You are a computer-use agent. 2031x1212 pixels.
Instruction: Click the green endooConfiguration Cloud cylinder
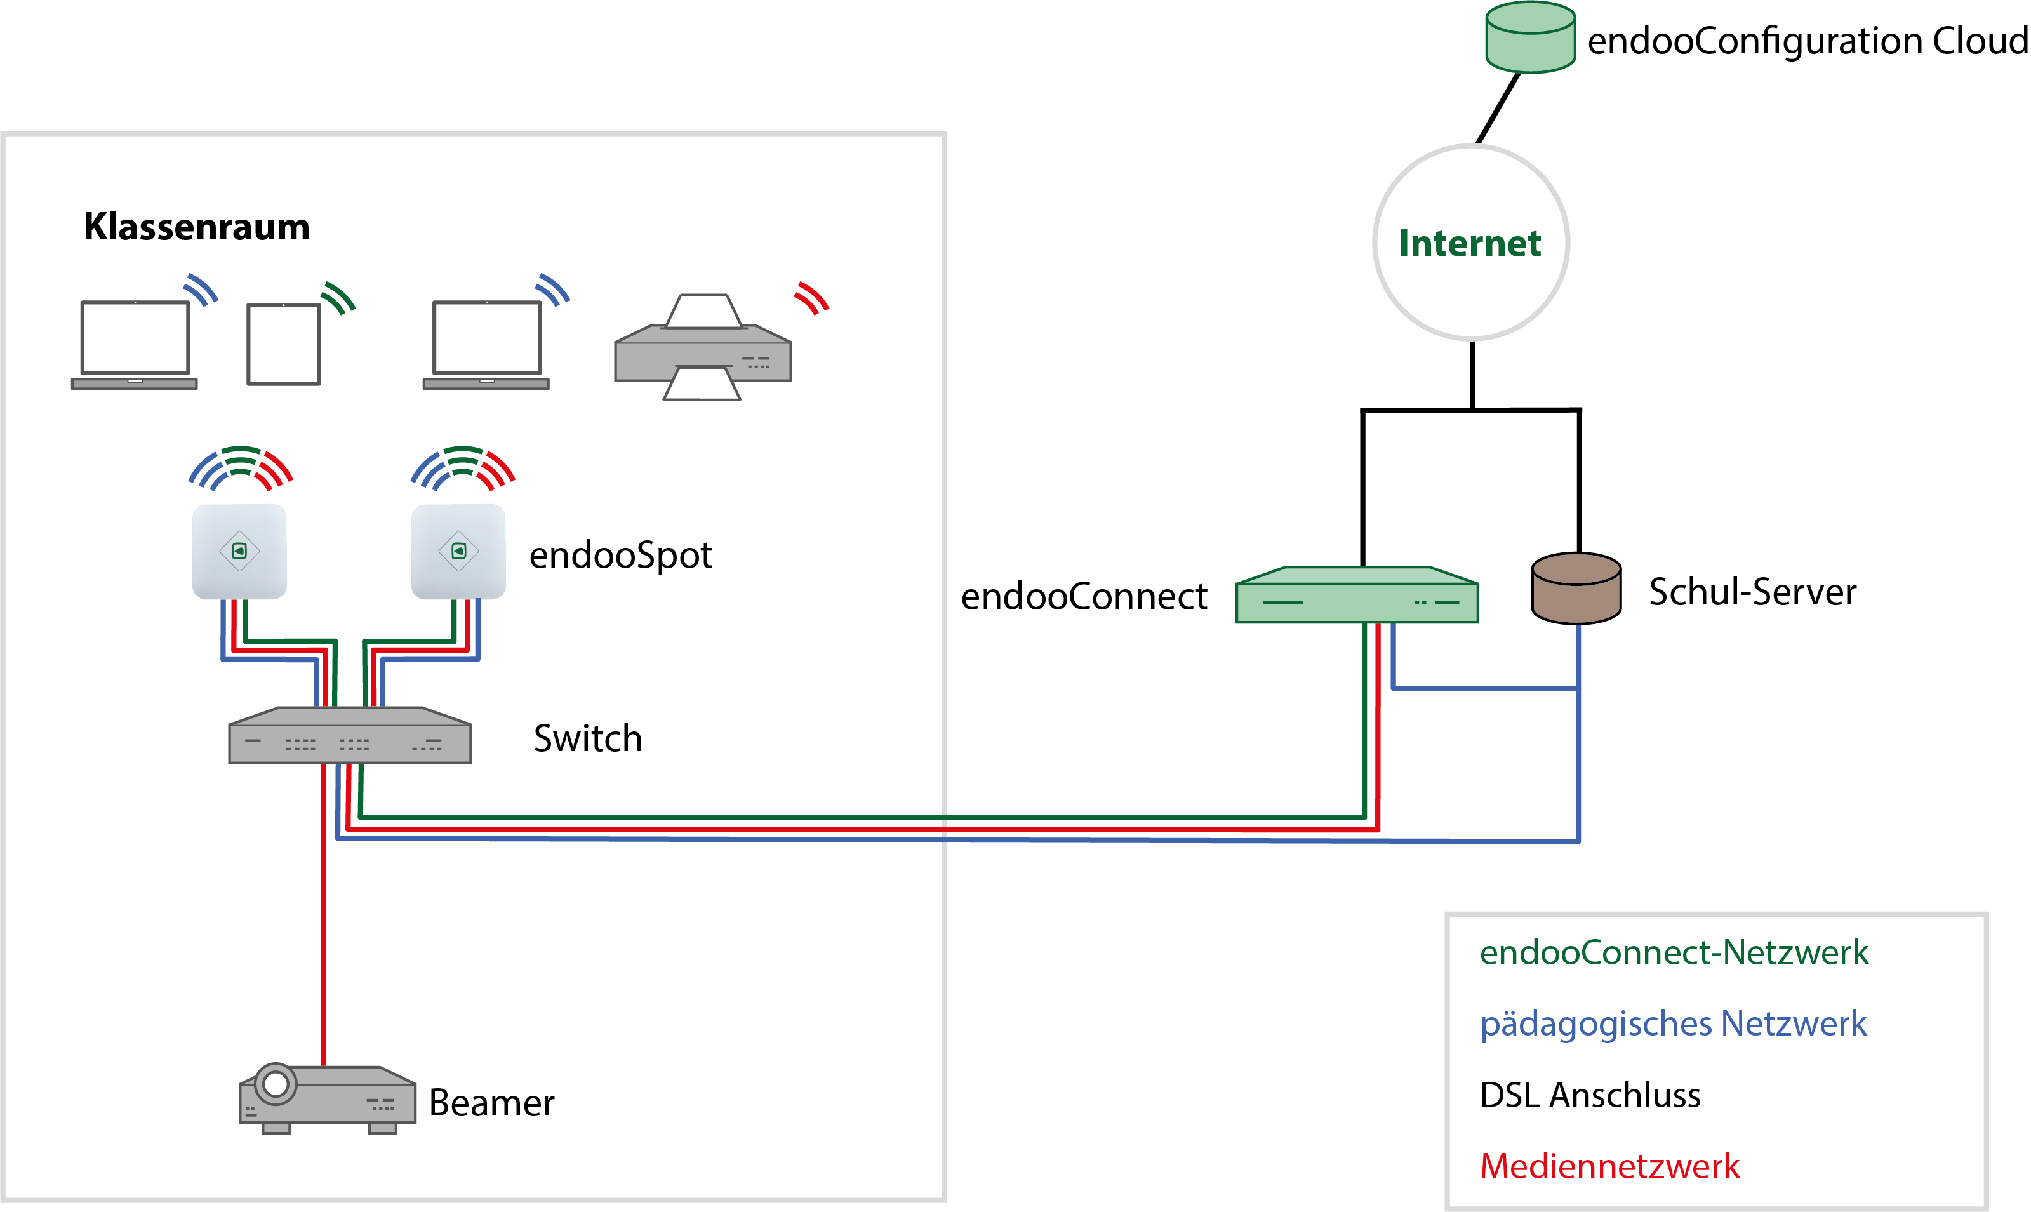1529,38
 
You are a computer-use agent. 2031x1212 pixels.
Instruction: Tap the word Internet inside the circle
1469,243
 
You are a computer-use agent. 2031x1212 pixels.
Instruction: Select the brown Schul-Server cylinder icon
1575,590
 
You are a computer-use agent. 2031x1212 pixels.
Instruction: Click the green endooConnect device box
1357,597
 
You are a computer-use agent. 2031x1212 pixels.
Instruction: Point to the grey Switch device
350,736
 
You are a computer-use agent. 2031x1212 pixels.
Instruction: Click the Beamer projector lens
276,1084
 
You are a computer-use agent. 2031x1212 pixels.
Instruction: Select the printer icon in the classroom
702,350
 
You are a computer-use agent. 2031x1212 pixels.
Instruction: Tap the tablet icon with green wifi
283,344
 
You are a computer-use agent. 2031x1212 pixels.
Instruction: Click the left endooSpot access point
239,551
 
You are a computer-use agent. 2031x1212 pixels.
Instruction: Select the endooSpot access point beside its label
458,551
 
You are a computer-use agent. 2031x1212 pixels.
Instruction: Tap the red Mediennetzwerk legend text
1609,1166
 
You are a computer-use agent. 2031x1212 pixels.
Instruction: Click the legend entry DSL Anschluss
1589,1095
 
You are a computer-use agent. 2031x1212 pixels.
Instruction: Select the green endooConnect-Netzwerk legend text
1674,952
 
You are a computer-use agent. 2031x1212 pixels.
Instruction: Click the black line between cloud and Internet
1498,109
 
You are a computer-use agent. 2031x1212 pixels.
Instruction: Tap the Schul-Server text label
1752,592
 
